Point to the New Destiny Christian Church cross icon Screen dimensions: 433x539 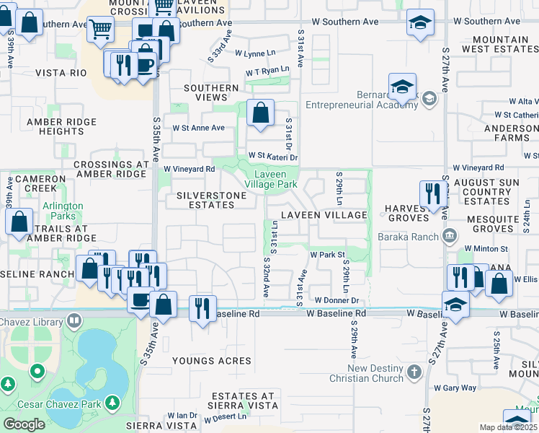pyautogui.click(x=414, y=372)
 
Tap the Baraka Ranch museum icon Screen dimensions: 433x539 pyautogui.click(x=449, y=235)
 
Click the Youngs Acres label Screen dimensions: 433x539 pyautogui.click(x=211, y=360)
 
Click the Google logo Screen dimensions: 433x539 pyautogui.click(x=24, y=424)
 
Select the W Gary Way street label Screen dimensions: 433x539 pyautogui.click(x=459, y=388)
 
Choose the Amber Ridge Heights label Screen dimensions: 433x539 pyautogui.click(x=62, y=126)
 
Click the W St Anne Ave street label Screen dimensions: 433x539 pyautogui.click(x=198, y=128)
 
